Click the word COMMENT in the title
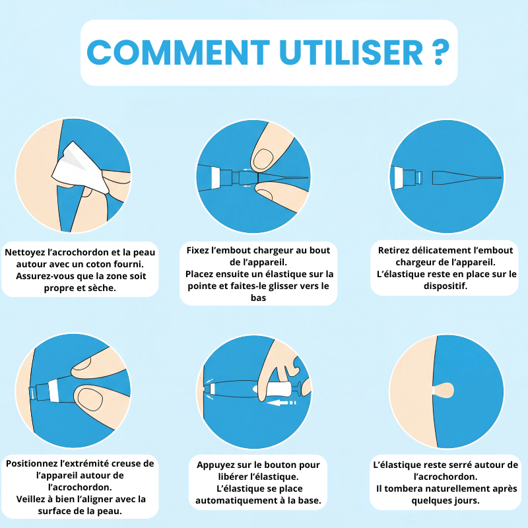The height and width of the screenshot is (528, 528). [178, 52]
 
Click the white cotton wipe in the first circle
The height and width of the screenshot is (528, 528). [81, 168]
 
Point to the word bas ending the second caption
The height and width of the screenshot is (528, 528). [258, 298]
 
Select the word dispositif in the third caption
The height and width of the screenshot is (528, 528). [445, 286]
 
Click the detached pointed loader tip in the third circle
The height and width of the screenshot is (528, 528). [467, 178]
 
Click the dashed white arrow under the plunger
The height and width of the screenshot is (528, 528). [280, 403]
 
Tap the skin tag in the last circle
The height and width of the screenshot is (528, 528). [444, 391]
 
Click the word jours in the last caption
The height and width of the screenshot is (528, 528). [467, 501]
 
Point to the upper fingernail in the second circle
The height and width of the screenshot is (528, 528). [263, 159]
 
